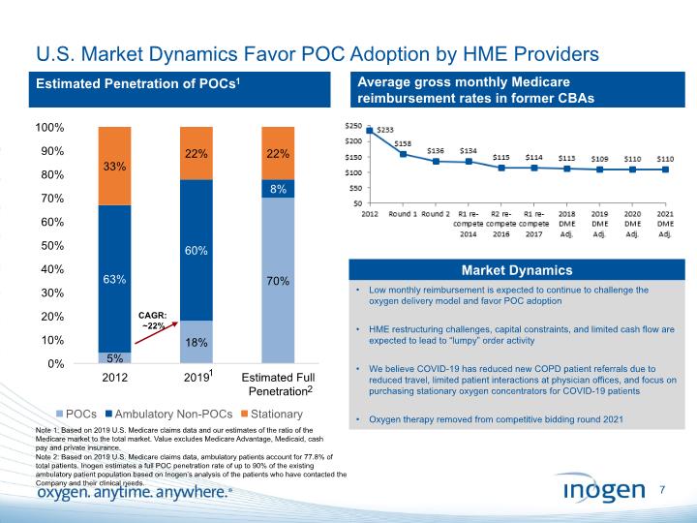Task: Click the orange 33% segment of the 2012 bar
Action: point(114,166)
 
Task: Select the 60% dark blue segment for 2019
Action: point(197,250)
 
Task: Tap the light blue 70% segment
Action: point(278,280)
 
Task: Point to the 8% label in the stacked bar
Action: point(278,190)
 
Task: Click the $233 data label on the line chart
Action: point(384,129)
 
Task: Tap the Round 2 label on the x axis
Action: point(437,213)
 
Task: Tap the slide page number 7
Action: point(662,492)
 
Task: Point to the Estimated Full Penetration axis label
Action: point(278,385)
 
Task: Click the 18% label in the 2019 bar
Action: point(197,342)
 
